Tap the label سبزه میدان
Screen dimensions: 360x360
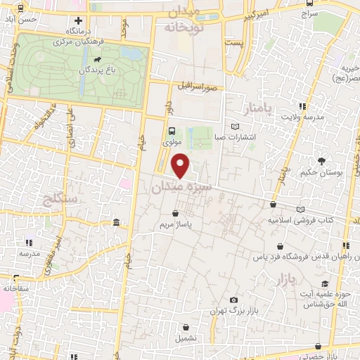pyautogui.click(x=180, y=188)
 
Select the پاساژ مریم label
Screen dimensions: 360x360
pyautogui.click(x=176, y=226)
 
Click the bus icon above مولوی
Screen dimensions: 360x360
pyautogui.click(x=172, y=130)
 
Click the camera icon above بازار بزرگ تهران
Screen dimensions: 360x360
pyautogui.click(x=233, y=300)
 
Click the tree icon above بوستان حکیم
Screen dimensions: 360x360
pyautogui.click(x=321, y=161)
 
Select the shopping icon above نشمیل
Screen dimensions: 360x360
pyautogui.click(x=186, y=327)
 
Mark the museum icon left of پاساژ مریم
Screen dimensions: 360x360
pyautogui.click(x=116, y=224)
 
